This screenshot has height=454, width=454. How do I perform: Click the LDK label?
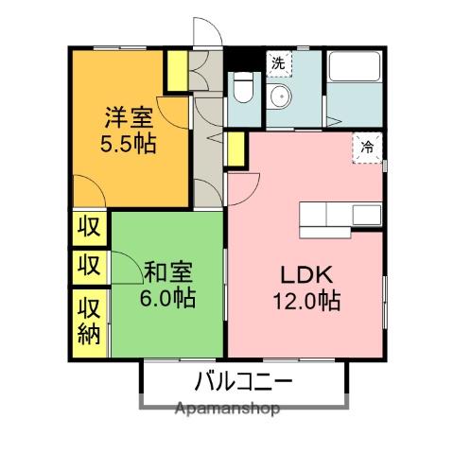click(x=304, y=275)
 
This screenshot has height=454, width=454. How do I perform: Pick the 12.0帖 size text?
click(x=304, y=302)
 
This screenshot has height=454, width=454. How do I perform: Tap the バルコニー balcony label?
click(x=244, y=382)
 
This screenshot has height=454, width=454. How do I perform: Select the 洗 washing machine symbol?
click(x=278, y=64)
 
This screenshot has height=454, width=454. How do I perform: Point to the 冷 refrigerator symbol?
click(x=368, y=148)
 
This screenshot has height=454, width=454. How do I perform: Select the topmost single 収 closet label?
click(x=89, y=227)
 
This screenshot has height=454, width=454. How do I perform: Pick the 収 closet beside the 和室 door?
click(x=89, y=264)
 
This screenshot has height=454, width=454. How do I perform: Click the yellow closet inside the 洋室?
click(x=176, y=70)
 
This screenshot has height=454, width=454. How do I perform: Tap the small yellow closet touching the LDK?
click(x=235, y=150)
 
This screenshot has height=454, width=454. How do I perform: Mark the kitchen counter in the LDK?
click(x=341, y=217)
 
